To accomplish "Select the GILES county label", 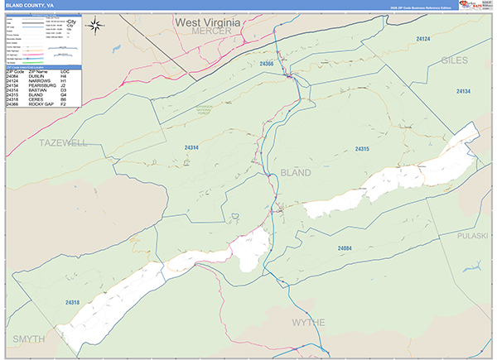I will click(x=454, y=60).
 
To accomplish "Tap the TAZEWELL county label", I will click(x=62, y=143).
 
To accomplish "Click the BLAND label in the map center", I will click(x=296, y=172).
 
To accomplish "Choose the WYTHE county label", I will click(x=308, y=321).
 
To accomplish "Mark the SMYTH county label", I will click(x=29, y=339).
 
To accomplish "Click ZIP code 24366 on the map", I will click(x=266, y=63).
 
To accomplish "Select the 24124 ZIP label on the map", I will click(x=423, y=38).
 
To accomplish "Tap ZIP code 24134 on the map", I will click(x=462, y=92).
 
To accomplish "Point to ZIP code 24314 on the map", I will click(x=191, y=147).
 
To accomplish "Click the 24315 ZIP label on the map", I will click(x=361, y=148).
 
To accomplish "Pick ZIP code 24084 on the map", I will click(x=345, y=247).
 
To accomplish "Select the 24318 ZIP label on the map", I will click(x=72, y=303).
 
